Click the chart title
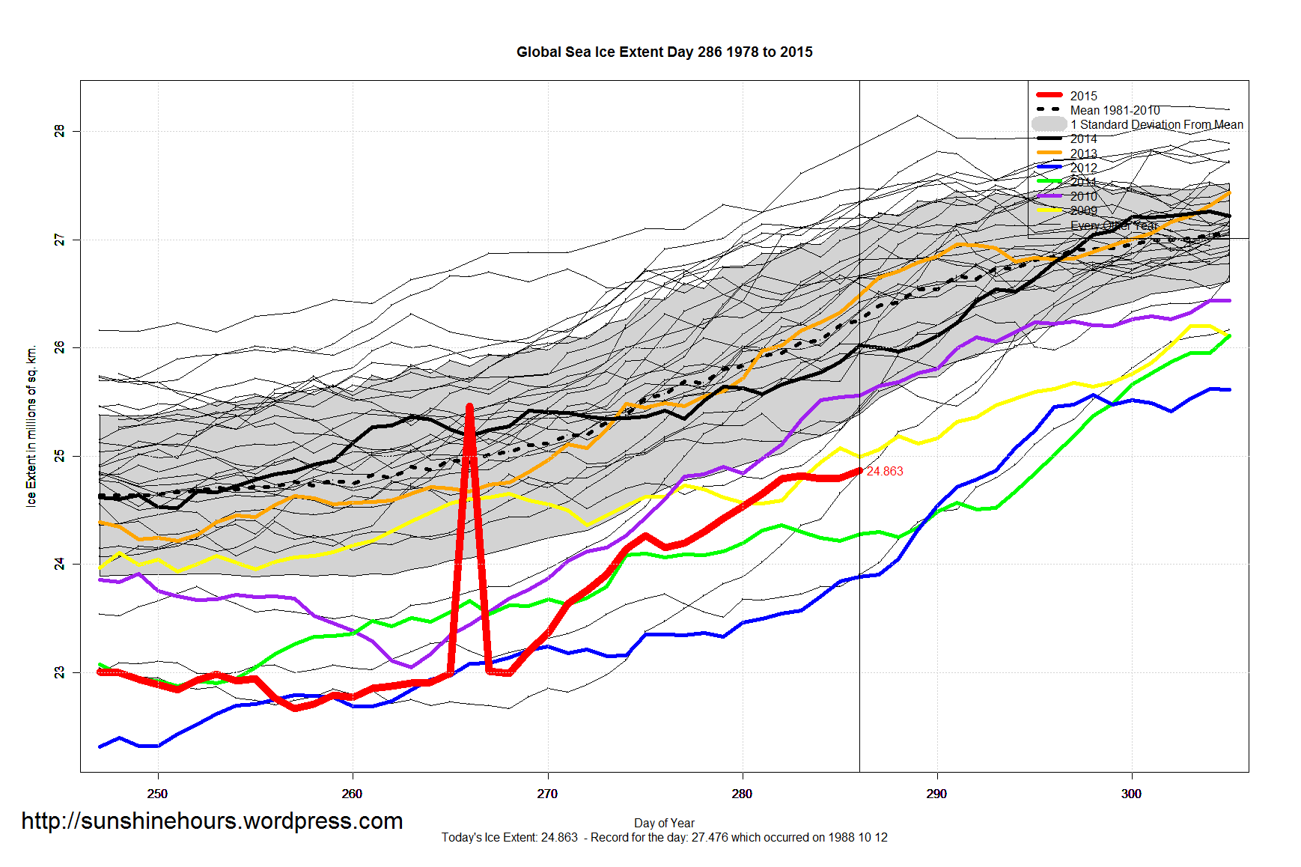(x=664, y=52)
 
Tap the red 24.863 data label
(x=885, y=471)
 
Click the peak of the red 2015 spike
(x=469, y=407)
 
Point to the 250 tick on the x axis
(x=157, y=794)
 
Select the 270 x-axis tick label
(x=547, y=794)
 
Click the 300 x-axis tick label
(x=1131, y=794)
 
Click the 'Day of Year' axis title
(x=664, y=823)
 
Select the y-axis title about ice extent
(x=31, y=426)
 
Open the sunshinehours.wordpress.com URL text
(x=212, y=821)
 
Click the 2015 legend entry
(x=1083, y=96)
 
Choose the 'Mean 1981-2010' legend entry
(x=1115, y=110)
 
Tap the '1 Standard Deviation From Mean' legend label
(x=1157, y=124)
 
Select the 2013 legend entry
(x=1083, y=153)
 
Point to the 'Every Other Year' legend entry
(x=1114, y=225)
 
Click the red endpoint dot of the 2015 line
(x=859, y=471)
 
